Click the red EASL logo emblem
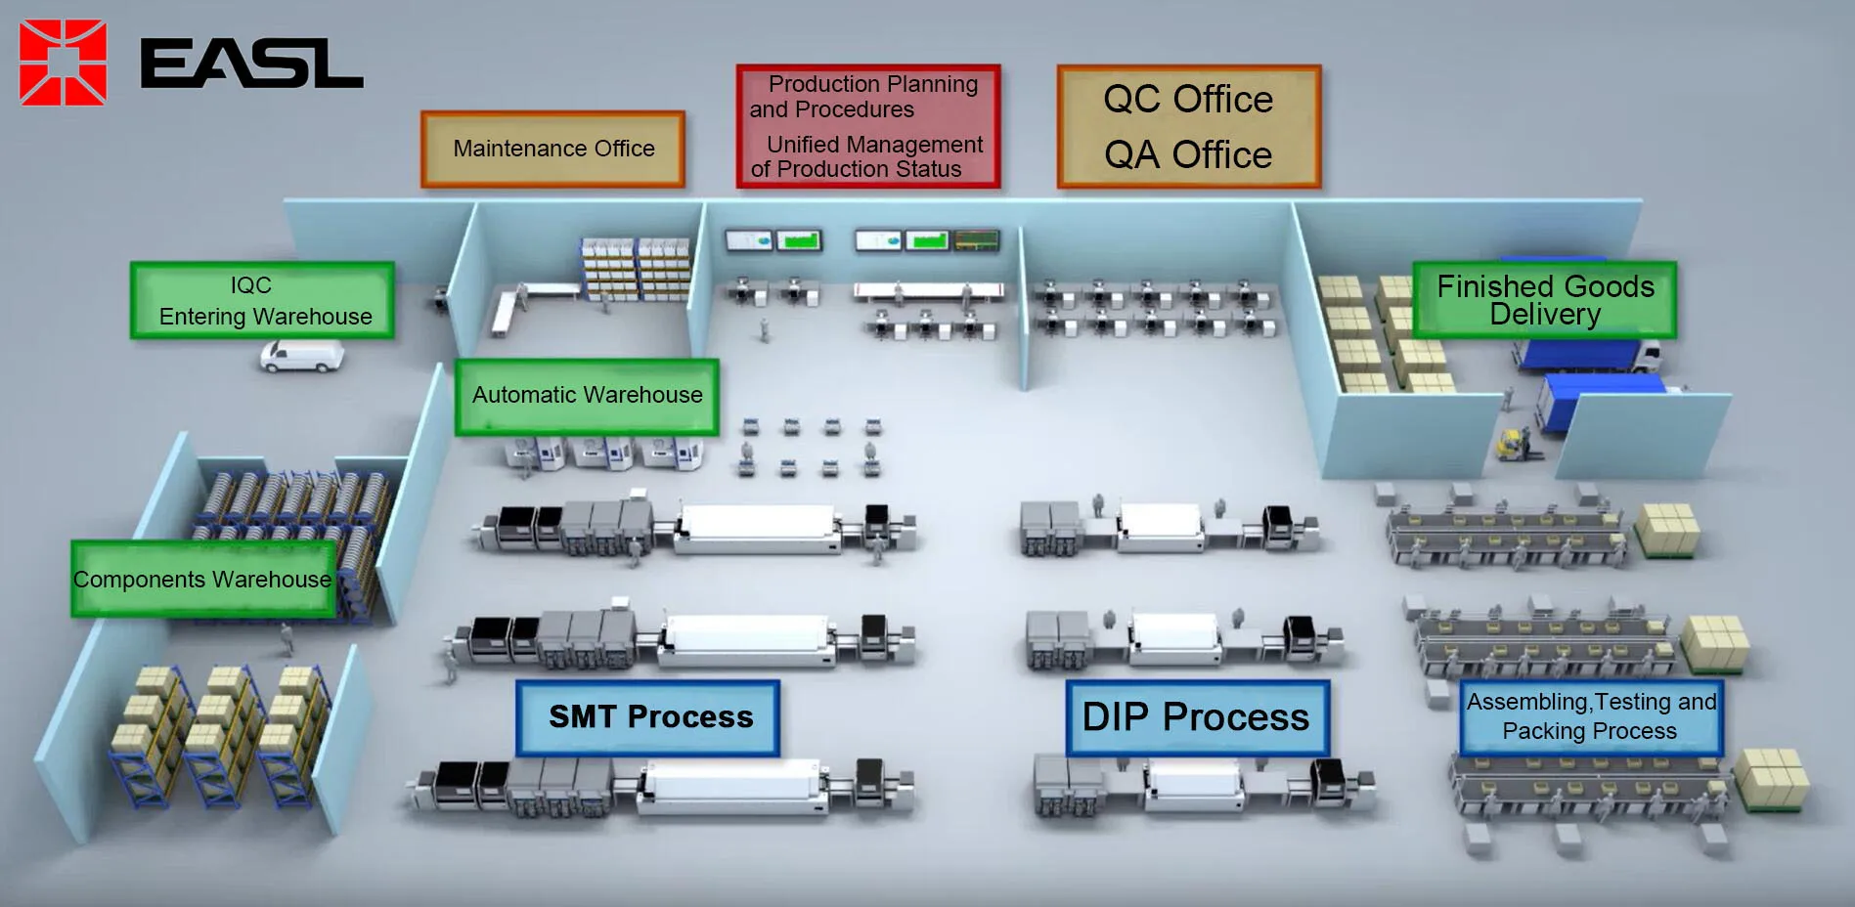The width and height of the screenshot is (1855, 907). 63,63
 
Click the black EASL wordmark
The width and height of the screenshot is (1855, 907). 251,65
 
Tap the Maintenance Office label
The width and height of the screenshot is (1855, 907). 552,149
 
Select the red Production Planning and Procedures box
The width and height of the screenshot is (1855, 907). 867,126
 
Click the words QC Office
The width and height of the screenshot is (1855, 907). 1188,100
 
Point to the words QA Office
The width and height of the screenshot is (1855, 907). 1188,155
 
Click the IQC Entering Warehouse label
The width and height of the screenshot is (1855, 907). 263,300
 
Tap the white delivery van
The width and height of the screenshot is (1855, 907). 302,356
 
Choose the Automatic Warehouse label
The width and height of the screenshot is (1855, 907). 587,396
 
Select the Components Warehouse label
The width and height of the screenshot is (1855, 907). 202,580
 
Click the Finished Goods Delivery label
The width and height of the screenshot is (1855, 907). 1544,300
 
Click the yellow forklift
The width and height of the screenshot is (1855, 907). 1514,445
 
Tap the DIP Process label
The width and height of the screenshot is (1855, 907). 1196,717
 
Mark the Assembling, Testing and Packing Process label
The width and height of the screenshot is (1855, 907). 1590,716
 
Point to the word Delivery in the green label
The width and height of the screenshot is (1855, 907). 1544,315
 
